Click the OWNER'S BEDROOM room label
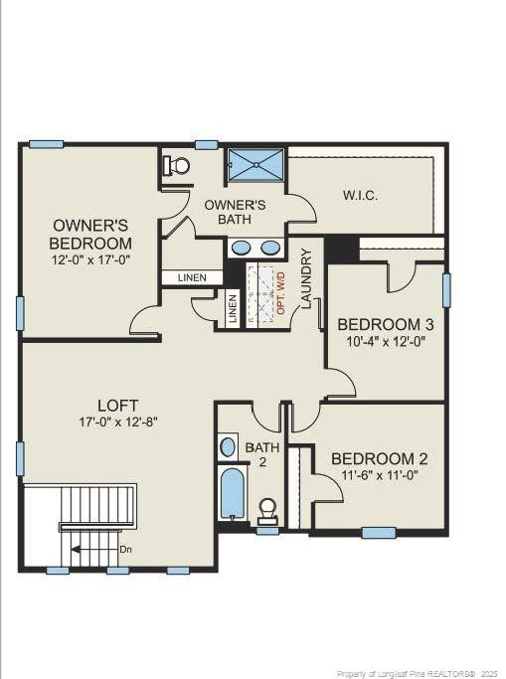coord(90,234)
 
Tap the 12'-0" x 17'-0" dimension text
coord(90,258)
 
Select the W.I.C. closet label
coord(360,195)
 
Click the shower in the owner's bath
coord(255,165)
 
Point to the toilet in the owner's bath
coord(178,165)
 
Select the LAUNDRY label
coord(306,278)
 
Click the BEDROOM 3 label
coord(385,324)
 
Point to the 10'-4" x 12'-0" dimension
coord(385,342)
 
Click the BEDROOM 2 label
coord(379,458)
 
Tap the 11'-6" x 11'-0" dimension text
coord(379,476)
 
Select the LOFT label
coord(111,405)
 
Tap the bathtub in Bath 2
coord(233,494)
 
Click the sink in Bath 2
coord(229,445)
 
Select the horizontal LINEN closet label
coord(192,278)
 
